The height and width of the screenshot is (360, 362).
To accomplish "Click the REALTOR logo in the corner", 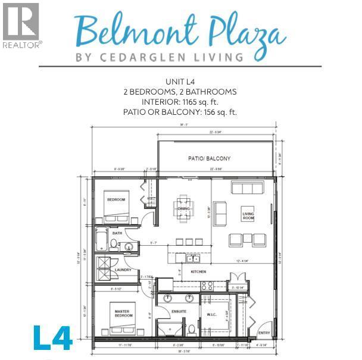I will [x=20, y=25].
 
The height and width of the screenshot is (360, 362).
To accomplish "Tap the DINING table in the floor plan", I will [x=183, y=208].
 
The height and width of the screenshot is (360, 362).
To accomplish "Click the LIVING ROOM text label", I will [x=248, y=216].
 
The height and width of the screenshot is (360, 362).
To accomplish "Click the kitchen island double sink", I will [x=192, y=259].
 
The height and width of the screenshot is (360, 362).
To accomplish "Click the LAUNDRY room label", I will [x=123, y=270].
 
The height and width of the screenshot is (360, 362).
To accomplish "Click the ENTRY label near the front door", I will [x=264, y=333].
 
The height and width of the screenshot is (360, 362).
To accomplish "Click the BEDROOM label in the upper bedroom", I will [x=117, y=199].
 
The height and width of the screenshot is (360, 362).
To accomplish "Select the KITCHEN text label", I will [x=198, y=271].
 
